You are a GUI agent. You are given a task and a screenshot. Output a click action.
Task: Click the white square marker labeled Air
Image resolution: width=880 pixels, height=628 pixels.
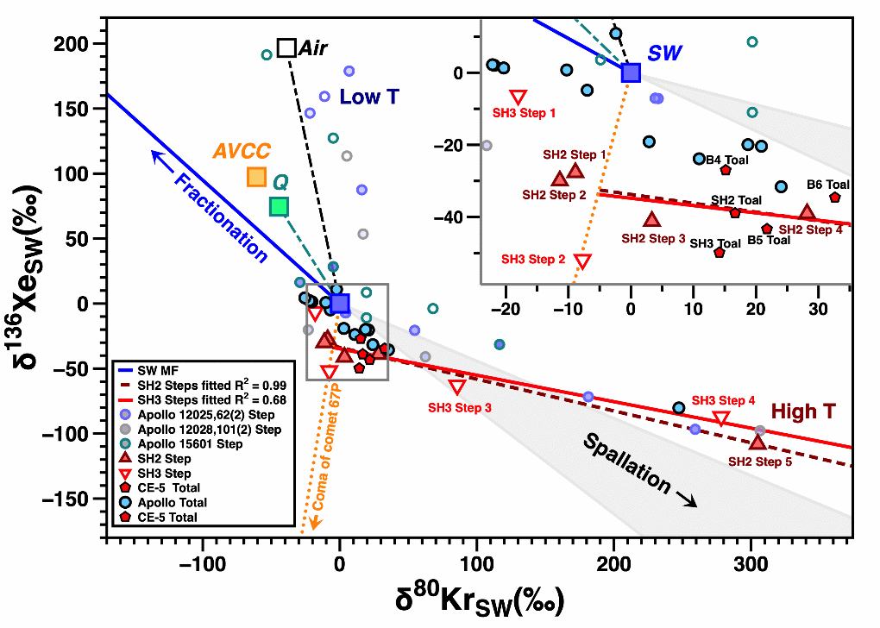(286, 48)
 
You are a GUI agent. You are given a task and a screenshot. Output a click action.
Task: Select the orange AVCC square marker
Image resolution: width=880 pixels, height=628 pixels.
(256, 177)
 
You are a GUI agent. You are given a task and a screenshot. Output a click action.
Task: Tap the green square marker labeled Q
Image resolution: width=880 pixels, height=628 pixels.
(278, 206)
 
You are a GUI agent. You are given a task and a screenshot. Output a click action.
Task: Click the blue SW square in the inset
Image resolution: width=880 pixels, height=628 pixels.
(632, 72)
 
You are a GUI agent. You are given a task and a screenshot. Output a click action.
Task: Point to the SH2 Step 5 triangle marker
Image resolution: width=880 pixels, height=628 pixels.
(757, 442)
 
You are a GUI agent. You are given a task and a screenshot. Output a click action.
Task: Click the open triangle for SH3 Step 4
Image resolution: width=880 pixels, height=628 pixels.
(720, 418)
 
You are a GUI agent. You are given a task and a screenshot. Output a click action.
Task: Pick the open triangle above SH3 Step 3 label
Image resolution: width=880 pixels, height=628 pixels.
(457, 387)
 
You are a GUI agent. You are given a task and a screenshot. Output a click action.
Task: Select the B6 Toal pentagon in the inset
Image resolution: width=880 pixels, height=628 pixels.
(834, 198)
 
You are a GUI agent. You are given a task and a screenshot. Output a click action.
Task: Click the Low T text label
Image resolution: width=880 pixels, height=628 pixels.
(369, 97)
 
